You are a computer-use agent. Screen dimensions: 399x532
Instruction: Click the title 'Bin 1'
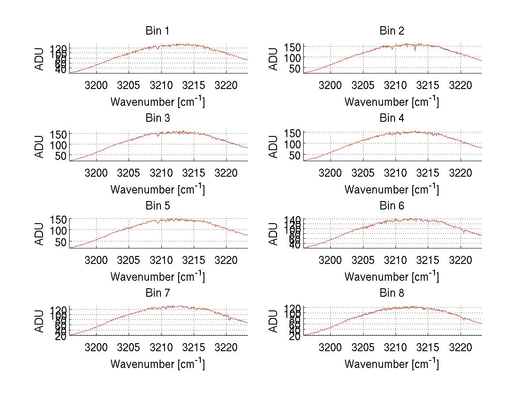[157, 31]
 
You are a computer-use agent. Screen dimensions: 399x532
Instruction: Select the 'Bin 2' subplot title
[392, 31]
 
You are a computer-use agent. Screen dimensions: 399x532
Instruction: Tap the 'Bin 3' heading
[157, 118]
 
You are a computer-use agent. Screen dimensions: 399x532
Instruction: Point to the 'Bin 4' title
[392, 118]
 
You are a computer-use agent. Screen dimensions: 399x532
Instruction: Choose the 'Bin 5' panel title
[157, 206]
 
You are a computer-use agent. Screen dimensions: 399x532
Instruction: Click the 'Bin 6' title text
[392, 206]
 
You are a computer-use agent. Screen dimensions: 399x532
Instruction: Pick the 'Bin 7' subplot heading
[157, 293]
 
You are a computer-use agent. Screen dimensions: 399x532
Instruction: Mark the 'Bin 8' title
[392, 293]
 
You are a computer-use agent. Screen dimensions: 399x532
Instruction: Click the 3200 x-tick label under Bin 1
[96, 85]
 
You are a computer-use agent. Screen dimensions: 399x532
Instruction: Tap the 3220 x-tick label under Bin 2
[461, 85]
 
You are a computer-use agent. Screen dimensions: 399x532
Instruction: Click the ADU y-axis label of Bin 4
[274, 147]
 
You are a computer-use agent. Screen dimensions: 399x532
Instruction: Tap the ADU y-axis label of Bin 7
[39, 322]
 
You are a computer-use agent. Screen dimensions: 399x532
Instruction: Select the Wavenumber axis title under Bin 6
[392, 277]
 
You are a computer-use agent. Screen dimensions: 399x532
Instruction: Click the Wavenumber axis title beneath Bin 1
[157, 102]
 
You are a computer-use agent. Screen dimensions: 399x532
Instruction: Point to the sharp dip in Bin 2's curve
[415, 50]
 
